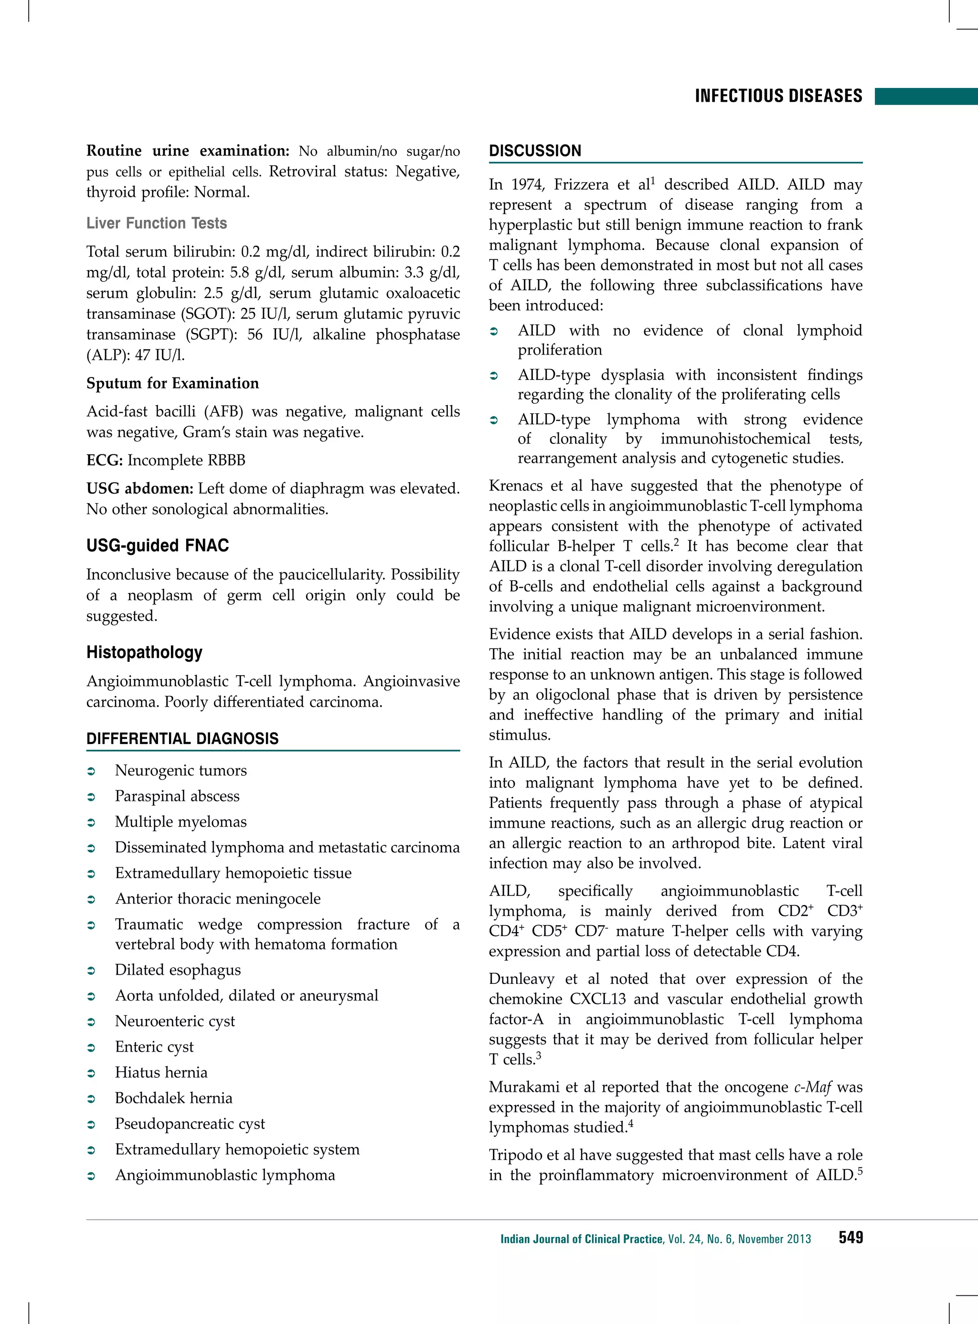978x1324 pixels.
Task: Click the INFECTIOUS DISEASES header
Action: pos(778,96)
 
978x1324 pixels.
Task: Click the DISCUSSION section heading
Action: pos(535,151)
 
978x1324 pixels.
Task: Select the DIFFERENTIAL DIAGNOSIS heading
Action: pos(182,739)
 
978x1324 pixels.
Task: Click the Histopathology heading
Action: pos(144,652)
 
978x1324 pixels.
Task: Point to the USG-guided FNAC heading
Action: pos(158,546)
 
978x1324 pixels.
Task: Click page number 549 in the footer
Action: pos(850,1238)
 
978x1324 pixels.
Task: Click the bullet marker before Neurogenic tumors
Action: pos(91,771)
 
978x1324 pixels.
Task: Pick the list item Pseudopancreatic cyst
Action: pos(190,1124)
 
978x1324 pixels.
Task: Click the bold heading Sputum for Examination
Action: pos(172,383)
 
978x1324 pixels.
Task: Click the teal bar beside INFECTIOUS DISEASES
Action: pos(926,96)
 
